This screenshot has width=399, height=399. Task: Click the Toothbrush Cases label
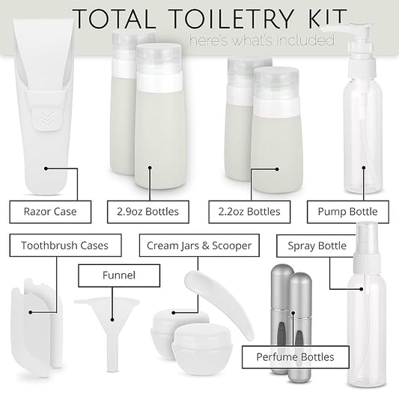[x=64, y=245]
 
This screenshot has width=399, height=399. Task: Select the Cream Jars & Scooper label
[x=198, y=245]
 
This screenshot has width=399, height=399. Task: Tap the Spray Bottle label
[x=322, y=245]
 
